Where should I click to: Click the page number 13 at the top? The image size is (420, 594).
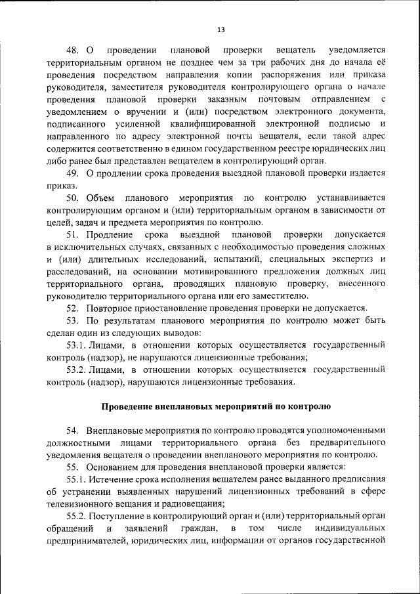tap(220, 30)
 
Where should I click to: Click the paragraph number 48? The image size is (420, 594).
tap(72, 51)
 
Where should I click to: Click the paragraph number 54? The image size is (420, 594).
tap(72, 431)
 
